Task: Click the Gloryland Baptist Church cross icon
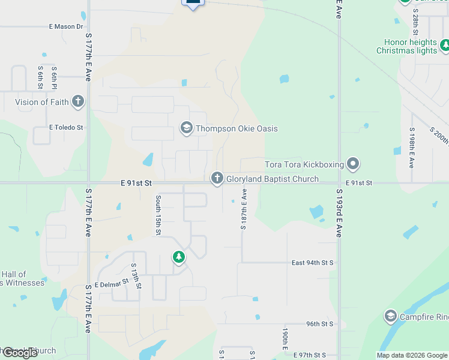pyautogui.click(x=217, y=178)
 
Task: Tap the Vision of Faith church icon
pyautogui.click(x=77, y=101)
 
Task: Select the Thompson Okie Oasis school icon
pyautogui.click(x=186, y=128)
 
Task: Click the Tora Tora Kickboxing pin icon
pyautogui.click(x=354, y=163)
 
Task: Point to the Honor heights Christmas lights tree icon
pyautogui.click(x=445, y=45)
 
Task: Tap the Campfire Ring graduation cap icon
pyautogui.click(x=391, y=316)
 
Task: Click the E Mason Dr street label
pyautogui.click(x=66, y=27)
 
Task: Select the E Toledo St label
pyautogui.click(x=66, y=128)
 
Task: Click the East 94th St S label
pyautogui.click(x=312, y=263)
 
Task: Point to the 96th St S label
pyautogui.click(x=319, y=323)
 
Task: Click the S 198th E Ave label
pyautogui.click(x=412, y=147)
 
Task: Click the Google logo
pyautogui.click(x=19, y=352)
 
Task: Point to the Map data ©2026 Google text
pyautogui.click(x=412, y=355)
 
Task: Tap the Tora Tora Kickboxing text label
pyautogui.click(x=304, y=164)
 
